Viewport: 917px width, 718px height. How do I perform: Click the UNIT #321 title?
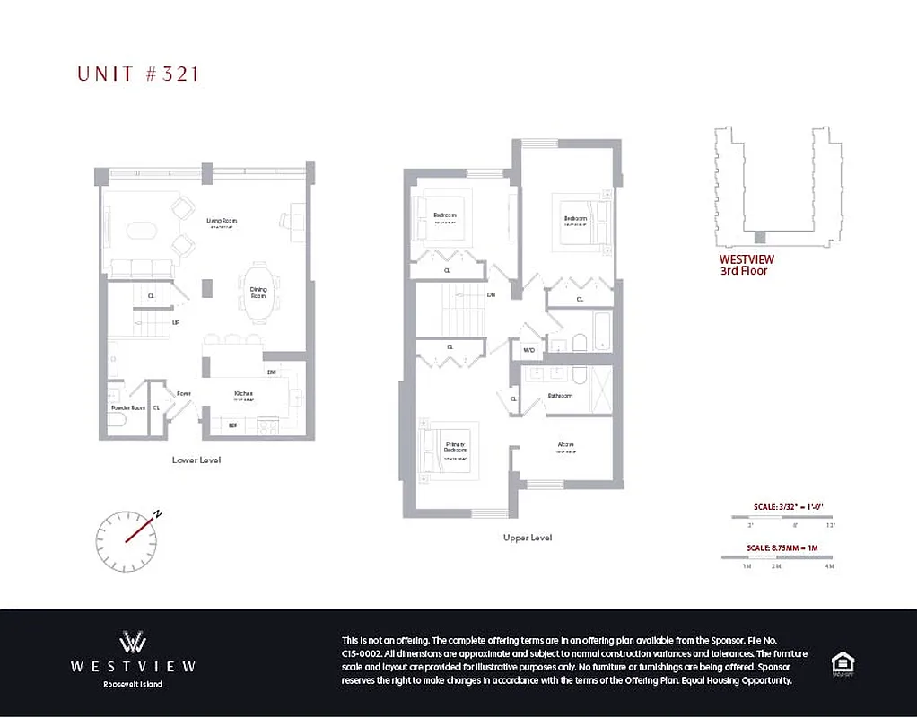[139, 74]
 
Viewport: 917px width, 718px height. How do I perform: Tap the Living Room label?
[222, 221]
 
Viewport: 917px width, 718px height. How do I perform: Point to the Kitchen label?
[244, 393]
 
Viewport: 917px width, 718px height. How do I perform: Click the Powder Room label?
[127, 407]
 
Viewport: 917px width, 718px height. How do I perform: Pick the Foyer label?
[183, 393]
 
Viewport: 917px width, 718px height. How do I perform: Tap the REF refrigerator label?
[233, 425]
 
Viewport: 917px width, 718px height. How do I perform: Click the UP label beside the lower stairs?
[176, 320]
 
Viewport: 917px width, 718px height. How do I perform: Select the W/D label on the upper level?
[528, 350]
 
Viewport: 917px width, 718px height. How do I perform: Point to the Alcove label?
[565, 444]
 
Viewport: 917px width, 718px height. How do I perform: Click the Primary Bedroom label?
[456, 446]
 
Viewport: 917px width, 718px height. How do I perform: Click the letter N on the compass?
[157, 514]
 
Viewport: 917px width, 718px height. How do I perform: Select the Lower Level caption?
[196, 460]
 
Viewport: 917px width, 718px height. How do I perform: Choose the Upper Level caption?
[528, 538]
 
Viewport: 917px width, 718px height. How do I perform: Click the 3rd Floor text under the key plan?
[744, 270]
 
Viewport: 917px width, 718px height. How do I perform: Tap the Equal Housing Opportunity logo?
[842, 664]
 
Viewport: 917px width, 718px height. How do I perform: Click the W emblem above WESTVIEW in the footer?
[133, 642]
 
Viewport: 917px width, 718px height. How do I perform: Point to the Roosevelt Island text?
[133, 685]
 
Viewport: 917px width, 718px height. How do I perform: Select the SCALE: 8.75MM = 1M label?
[782, 547]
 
